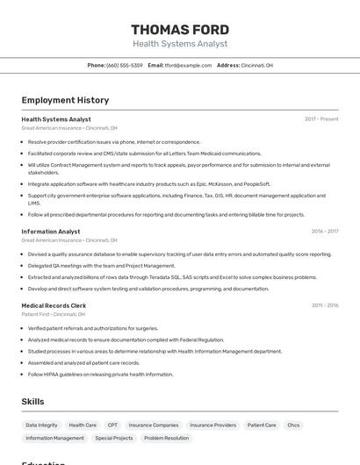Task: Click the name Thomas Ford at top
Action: tap(180, 29)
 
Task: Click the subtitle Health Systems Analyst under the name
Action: tap(180, 44)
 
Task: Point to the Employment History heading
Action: tap(65, 100)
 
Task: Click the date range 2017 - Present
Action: tap(321, 118)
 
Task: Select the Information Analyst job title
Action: tap(51, 232)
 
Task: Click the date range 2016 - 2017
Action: tap(324, 232)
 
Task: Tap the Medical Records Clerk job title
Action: tap(54, 305)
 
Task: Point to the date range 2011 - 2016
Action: tap(324, 305)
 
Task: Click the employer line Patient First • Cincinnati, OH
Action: tap(54, 313)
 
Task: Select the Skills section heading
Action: tap(33, 402)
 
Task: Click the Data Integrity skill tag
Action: tap(41, 425)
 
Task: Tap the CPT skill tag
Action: tap(112, 425)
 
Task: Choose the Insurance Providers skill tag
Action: tap(212, 425)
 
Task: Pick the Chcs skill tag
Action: tap(293, 425)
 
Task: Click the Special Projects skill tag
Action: tap(114, 438)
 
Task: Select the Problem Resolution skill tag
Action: tap(166, 438)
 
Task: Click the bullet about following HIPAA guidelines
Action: tap(100, 374)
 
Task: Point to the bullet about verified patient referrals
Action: tap(93, 328)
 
